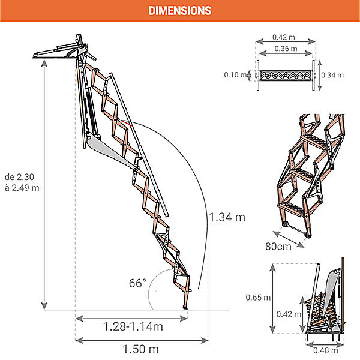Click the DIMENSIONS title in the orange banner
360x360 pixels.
click(x=180, y=11)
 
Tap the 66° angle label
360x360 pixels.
click(x=137, y=283)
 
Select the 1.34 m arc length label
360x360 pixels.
click(x=227, y=217)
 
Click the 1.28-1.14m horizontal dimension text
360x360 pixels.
click(x=133, y=326)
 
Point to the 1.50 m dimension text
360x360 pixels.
click(x=141, y=349)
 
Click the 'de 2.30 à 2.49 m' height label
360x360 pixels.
click(x=22, y=182)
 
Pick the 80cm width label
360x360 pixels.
click(x=278, y=247)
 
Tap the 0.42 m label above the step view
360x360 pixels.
click(x=284, y=37)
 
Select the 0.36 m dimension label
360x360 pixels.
click(x=286, y=49)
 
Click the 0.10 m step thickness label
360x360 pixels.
click(x=235, y=74)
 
